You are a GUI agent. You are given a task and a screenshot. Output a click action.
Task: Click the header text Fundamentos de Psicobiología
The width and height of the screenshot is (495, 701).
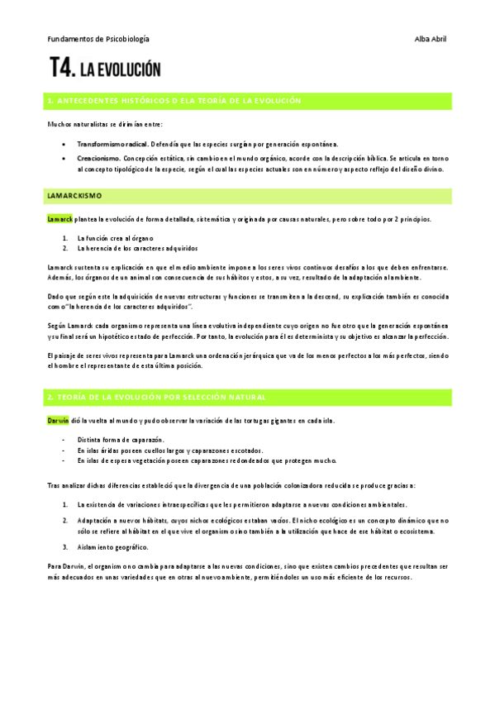(x=98, y=39)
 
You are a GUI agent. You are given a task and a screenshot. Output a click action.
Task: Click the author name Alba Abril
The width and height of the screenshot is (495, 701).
(x=430, y=39)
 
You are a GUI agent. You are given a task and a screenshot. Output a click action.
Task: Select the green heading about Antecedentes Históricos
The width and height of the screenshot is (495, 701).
(x=174, y=101)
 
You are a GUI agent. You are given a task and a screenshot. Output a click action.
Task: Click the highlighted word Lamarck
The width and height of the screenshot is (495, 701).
(x=60, y=219)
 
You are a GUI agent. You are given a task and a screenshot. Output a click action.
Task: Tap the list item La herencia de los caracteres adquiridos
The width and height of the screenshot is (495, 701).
(x=136, y=248)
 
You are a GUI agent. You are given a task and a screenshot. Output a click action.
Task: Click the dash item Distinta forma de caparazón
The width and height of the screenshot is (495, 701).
(x=120, y=439)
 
